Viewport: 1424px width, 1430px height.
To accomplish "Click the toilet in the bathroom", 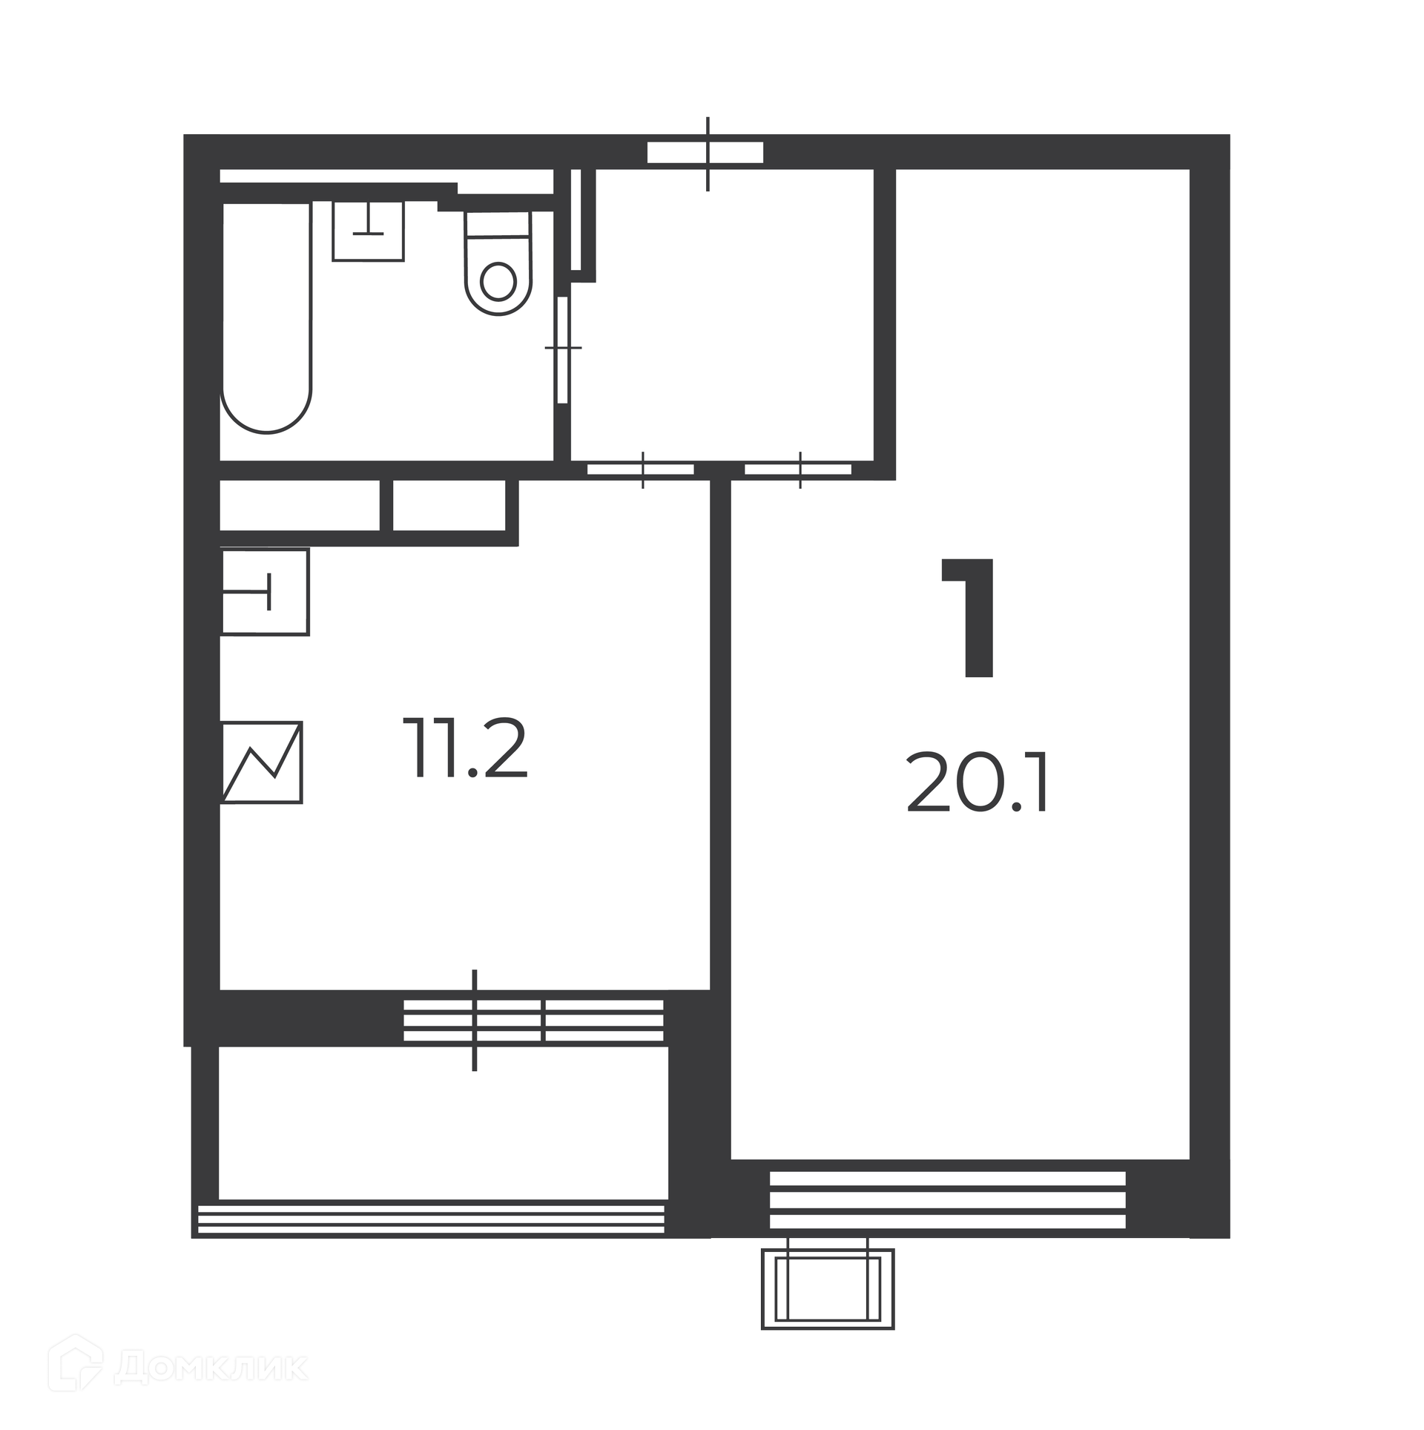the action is pyautogui.click(x=498, y=263).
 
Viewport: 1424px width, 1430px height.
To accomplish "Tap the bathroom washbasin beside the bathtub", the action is pyautogui.click(x=368, y=231).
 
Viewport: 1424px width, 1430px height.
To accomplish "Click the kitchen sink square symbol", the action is pyautogui.click(x=265, y=592).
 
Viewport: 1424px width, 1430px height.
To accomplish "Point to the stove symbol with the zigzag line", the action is pyautogui.click(x=262, y=762).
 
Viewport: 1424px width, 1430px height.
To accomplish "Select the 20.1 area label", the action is pyautogui.click(x=977, y=783).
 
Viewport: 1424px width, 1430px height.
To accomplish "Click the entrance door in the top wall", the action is pyautogui.click(x=705, y=152).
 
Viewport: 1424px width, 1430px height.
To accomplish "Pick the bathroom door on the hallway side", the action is pyautogui.click(x=563, y=349).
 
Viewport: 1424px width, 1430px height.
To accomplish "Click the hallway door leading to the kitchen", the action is pyautogui.click(x=641, y=469).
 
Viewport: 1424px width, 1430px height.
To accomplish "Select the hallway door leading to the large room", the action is pyautogui.click(x=798, y=469).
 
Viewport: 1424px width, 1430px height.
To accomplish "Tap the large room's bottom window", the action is pyautogui.click(x=948, y=1199).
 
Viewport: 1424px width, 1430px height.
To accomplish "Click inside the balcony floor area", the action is pyautogui.click(x=443, y=1123).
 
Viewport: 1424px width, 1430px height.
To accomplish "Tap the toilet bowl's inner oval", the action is pyautogui.click(x=498, y=281).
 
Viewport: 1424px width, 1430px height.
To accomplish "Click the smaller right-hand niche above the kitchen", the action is pyautogui.click(x=449, y=505).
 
